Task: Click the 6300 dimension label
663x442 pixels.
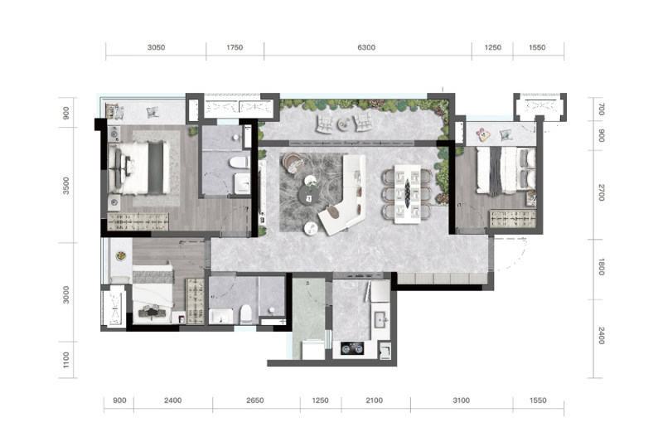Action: click(366, 47)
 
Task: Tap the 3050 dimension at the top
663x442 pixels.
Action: click(156, 47)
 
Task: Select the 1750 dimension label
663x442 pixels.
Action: click(235, 47)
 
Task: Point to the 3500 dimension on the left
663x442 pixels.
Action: click(66, 186)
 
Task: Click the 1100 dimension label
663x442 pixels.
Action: click(66, 360)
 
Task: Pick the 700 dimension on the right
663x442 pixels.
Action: click(602, 109)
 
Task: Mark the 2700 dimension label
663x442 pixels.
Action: click(602, 192)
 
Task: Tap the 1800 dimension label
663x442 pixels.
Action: click(602, 267)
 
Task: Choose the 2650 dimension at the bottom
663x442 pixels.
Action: click(255, 401)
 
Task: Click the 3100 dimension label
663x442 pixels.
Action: click(461, 401)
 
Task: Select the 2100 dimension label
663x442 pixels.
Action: click(375, 401)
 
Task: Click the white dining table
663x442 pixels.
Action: click(408, 194)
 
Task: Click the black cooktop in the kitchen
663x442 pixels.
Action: click(352, 349)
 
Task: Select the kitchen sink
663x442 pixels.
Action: click(381, 318)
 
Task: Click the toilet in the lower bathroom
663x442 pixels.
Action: click(246, 314)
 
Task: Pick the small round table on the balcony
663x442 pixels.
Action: click(343, 124)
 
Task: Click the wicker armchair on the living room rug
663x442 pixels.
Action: click(293, 163)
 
